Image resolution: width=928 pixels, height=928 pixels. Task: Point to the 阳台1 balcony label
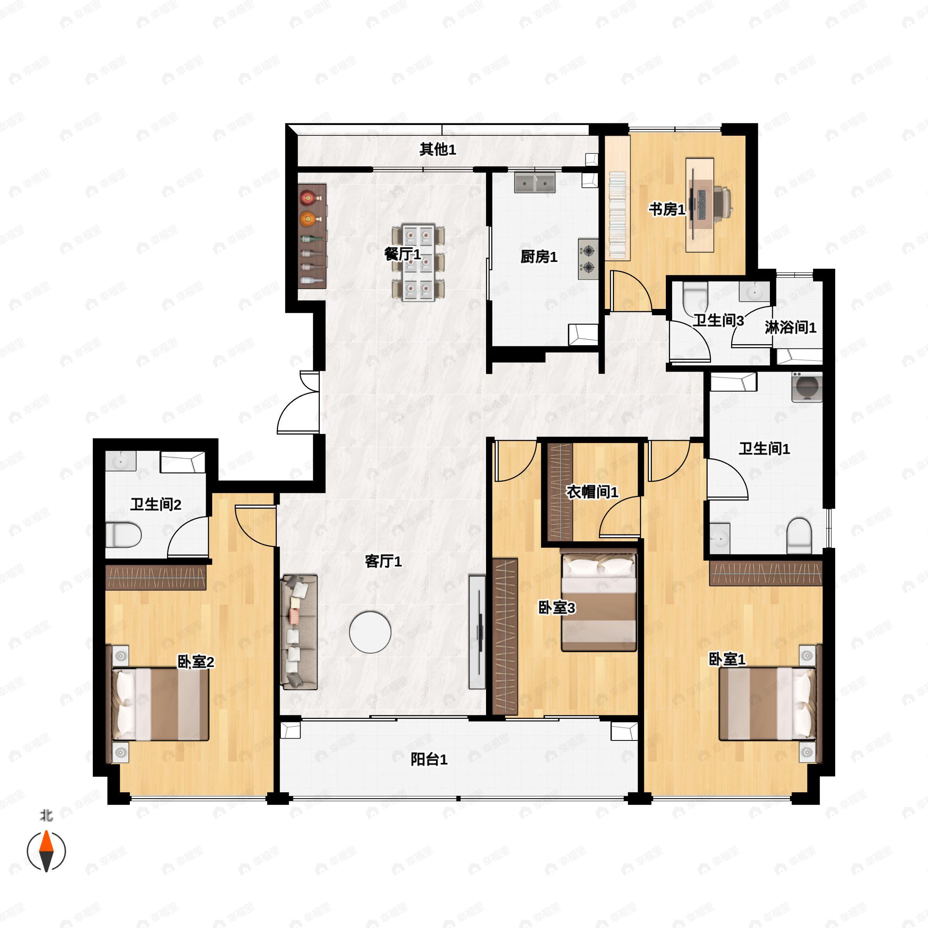[x=429, y=759]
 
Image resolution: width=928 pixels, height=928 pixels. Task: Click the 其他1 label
[x=438, y=149]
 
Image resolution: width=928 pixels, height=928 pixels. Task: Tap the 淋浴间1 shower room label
[x=790, y=328]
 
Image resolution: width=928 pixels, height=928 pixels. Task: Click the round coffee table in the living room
[x=370, y=632]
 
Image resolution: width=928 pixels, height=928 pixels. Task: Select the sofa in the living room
[x=299, y=632]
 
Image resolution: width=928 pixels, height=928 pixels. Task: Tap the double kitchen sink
[x=535, y=183]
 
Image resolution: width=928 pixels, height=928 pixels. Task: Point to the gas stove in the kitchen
[x=588, y=259]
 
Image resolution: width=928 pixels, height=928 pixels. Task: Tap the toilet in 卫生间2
[x=123, y=535]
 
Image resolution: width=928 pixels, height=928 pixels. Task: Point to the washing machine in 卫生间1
[x=807, y=387]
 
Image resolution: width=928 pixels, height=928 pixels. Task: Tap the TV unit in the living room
[x=477, y=632]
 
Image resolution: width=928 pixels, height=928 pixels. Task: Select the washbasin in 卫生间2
[x=121, y=461]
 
